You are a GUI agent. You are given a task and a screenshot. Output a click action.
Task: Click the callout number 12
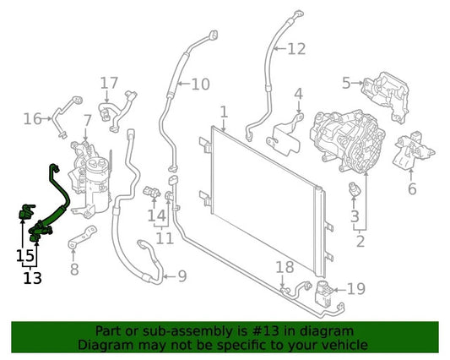(x=296, y=49)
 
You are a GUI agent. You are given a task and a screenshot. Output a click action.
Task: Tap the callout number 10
(x=200, y=85)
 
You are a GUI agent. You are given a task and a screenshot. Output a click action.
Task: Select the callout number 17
(x=110, y=83)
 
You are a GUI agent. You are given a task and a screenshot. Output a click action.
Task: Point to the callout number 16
(x=33, y=118)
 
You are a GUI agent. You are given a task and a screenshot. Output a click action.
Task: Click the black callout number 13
(x=32, y=278)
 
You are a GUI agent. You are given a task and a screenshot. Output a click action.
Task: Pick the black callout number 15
(x=25, y=255)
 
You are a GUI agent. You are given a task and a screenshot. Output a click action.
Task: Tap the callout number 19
(x=356, y=289)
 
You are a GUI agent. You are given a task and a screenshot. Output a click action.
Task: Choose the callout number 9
(x=182, y=276)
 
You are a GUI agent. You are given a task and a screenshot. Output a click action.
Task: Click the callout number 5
(x=346, y=83)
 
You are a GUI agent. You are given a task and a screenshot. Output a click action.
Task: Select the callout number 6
(x=412, y=188)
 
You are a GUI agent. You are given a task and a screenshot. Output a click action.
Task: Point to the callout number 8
(x=74, y=270)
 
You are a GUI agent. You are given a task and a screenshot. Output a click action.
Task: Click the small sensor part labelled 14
(x=151, y=192)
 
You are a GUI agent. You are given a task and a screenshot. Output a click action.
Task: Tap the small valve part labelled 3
(x=355, y=190)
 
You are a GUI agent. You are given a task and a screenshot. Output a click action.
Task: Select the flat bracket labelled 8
(x=83, y=237)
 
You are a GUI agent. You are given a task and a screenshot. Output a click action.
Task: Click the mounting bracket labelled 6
(x=413, y=150)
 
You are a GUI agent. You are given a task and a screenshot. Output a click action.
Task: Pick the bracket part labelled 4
(x=285, y=135)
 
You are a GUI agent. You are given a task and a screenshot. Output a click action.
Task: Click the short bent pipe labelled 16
(x=67, y=117)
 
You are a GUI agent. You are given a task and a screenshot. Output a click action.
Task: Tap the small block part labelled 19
(x=323, y=293)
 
